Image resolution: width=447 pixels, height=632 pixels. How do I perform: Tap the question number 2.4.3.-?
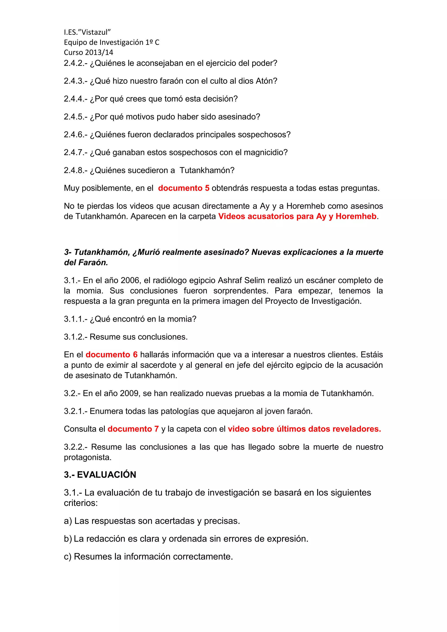tap(76, 81)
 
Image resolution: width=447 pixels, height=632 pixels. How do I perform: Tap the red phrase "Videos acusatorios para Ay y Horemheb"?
tap(297, 216)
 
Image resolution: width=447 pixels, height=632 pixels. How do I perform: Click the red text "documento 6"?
tap(112, 355)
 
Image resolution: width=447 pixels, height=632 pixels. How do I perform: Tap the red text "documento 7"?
tap(133, 429)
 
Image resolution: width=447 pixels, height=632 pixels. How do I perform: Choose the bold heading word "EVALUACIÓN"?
tap(107, 475)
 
